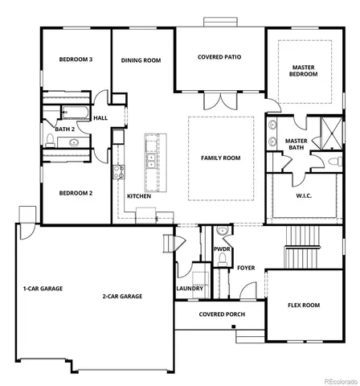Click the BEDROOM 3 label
(x=76, y=60)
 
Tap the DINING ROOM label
(x=141, y=60)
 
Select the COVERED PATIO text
(x=219, y=57)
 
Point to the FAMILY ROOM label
(x=221, y=158)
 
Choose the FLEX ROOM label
(x=304, y=305)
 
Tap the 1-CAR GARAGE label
(x=43, y=288)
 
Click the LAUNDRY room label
(x=189, y=287)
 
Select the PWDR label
(x=222, y=249)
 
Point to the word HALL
(x=100, y=118)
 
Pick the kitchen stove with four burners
(x=121, y=170)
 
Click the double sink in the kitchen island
(x=151, y=153)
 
